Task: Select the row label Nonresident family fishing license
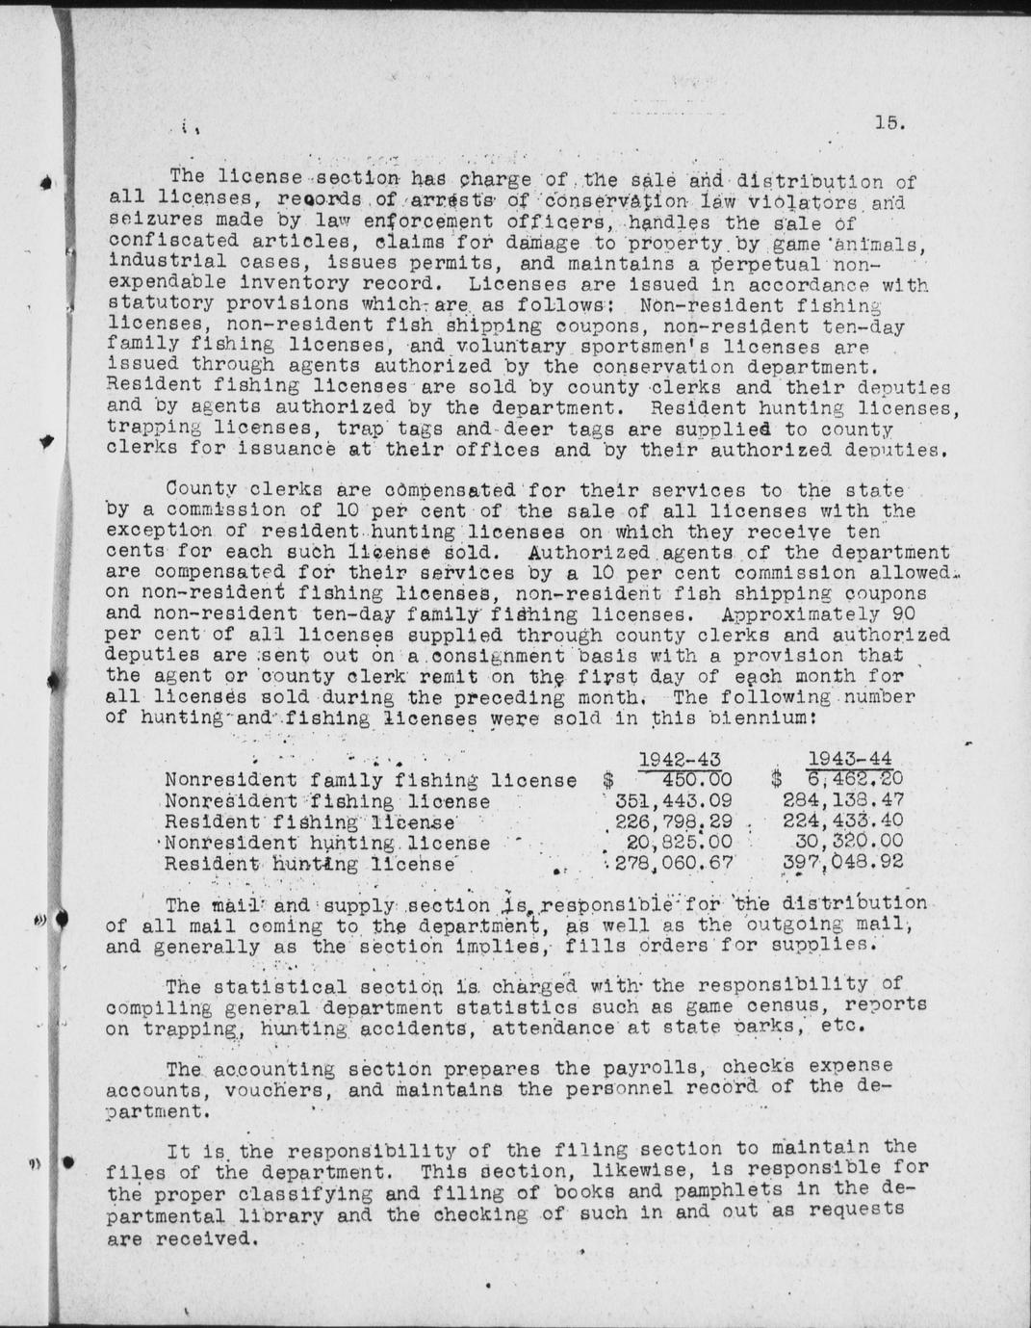coord(371,780)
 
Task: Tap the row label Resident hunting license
coord(310,864)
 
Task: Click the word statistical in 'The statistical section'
coord(271,987)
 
